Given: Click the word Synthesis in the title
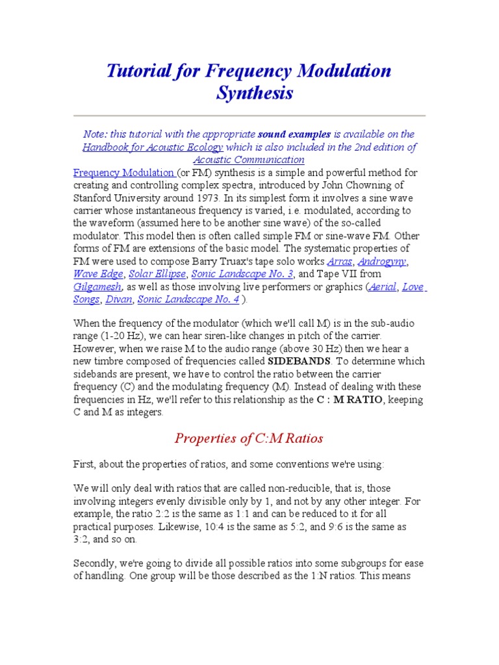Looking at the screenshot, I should [254, 94].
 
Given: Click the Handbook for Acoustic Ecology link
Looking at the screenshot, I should [152, 147].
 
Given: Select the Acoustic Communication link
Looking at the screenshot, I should [249, 160].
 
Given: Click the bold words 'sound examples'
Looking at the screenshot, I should [294, 134].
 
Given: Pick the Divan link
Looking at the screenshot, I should [118, 299].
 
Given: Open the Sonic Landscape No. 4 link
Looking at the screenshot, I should [188, 299].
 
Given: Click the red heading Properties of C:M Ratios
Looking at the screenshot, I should [249, 438].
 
